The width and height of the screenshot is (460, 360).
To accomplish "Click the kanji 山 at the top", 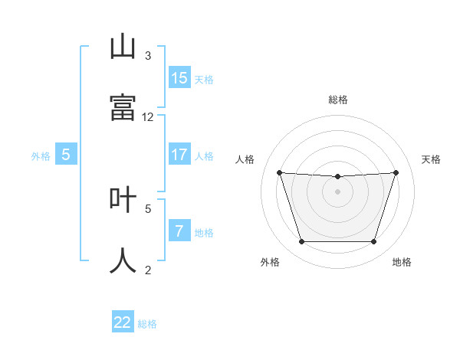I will click(123, 47).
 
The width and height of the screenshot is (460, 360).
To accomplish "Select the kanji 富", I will click(123, 107).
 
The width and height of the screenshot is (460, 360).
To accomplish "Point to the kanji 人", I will click(123, 260).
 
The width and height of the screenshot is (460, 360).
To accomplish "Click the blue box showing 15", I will click(179, 78).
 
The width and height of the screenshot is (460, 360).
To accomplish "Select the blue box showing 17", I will click(179, 155).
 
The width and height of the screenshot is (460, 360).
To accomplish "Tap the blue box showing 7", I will click(179, 231).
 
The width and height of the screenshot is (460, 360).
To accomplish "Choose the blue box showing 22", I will click(123, 322).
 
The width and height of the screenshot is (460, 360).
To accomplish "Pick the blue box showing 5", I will click(66, 155).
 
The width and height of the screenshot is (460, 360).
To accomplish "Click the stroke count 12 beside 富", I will click(148, 117).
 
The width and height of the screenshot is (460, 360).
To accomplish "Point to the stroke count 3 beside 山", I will click(148, 56).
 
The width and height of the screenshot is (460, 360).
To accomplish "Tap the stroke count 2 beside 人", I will click(148, 270).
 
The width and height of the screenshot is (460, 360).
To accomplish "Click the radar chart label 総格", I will click(337, 100).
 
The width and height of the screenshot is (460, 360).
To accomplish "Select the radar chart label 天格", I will click(432, 159).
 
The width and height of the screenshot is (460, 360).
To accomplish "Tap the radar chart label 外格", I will click(270, 262).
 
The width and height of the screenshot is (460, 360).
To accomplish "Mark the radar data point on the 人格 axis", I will click(279, 172).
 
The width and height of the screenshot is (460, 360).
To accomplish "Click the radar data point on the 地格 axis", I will click(374, 242).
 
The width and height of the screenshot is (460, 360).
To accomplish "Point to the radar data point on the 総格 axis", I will click(337, 177).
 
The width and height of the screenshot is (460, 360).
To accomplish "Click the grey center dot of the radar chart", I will click(337, 191).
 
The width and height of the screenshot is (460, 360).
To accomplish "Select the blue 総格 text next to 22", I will click(147, 324).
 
